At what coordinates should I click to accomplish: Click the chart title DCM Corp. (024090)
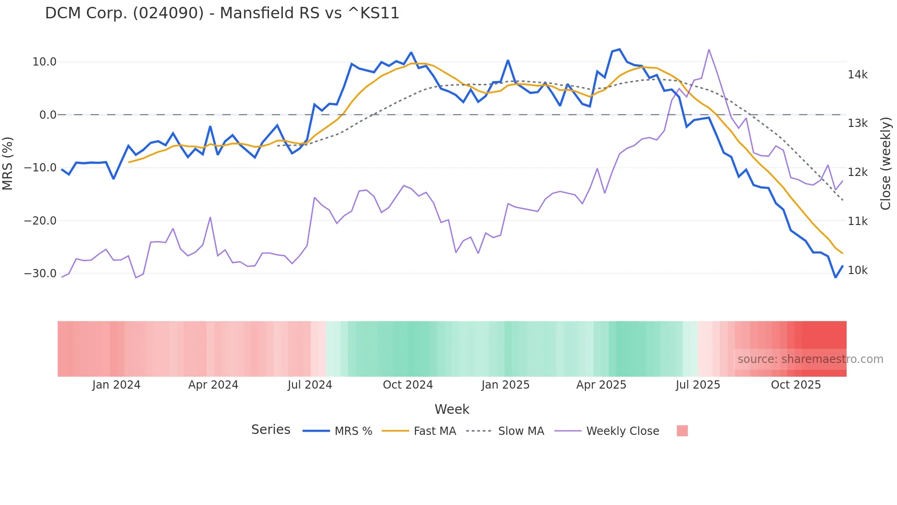pyautogui.click(x=222, y=13)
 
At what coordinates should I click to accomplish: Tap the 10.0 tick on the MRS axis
pyautogui.click(x=44, y=62)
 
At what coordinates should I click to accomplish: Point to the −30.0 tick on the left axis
pyautogui.click(x=40, y=274)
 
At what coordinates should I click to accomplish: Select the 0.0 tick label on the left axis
pyautogui.click(x=48, y=115)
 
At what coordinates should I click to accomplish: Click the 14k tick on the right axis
pyautogui.click(x=857, y=75)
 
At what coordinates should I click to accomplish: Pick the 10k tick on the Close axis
pyautogui.click(x=857, y=270)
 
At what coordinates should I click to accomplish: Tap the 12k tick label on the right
pyautogui.click(x=857, y=172)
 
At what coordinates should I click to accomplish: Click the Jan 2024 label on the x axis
pyautogui.click(x=116, y=385)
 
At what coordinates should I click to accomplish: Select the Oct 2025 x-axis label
pyautogui.click(x=795, y=385)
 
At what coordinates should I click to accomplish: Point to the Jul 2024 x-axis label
pyautogui.click(x=310, y=385)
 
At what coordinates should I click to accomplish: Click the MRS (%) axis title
pyautogui.click(x=8, y=163)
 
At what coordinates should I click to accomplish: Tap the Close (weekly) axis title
pyautogui.click(x=886, y=164)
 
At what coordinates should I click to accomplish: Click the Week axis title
pyautogui.click(x=452, y=409)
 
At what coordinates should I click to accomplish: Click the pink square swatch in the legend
pyautogui.click(x=682, y=431)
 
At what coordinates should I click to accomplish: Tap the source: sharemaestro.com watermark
pyautogui.click(x=810, y=359)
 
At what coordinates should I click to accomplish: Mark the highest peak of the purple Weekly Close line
pyautogui.click(x=708, y=49)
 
